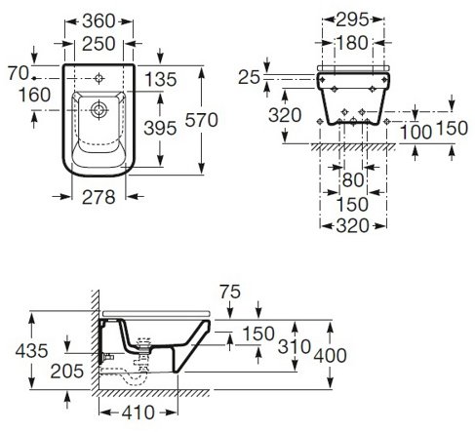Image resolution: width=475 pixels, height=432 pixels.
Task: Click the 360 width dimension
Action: point(99,21)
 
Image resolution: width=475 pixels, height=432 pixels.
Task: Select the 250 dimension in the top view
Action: point(99,44)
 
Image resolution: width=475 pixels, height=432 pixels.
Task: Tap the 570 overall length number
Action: point(201,120)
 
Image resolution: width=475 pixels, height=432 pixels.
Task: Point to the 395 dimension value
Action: point(160,128)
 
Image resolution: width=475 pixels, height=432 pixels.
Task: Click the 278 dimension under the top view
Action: point(99,197)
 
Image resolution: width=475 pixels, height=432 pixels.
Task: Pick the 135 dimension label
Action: point(161,80)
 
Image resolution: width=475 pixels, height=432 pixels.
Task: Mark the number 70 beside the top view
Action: point(19,73)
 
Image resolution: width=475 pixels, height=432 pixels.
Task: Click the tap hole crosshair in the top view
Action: point(99,78)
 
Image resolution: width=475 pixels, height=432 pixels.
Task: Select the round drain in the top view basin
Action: point(99,110)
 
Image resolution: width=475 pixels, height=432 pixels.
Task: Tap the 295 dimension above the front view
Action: point(352,20)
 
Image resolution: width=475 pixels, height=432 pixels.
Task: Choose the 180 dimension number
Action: point(352,43)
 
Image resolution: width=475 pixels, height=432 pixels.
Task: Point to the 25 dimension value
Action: point(250,78)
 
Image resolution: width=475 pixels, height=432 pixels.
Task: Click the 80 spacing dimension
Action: point(353,180)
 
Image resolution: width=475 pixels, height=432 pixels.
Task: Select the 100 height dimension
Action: point(416,133)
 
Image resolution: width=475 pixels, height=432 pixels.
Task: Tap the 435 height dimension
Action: point(31,351)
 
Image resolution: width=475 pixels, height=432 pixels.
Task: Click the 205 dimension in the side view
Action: point(67,372)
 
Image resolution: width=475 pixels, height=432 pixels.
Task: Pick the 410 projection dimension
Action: point(139,412)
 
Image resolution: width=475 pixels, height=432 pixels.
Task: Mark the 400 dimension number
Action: point(330,356)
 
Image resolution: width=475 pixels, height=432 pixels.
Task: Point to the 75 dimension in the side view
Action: point(230,292)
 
